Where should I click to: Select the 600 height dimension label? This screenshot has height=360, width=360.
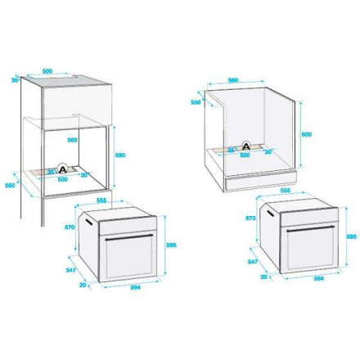tap(307, 133)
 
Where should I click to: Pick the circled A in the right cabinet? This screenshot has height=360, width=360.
tap(243, 145)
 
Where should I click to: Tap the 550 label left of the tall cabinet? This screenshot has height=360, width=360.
tap(10, 184)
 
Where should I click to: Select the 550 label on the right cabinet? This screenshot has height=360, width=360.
tap(196, 102)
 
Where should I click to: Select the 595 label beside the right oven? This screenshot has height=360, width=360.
tap(349, 236)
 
